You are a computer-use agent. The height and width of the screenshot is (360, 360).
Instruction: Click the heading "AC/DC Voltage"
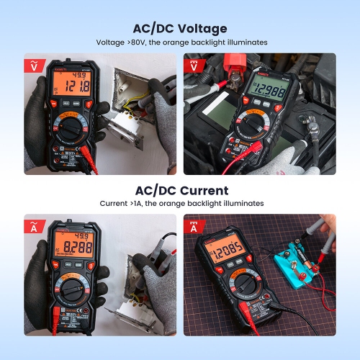coord(180,29)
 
